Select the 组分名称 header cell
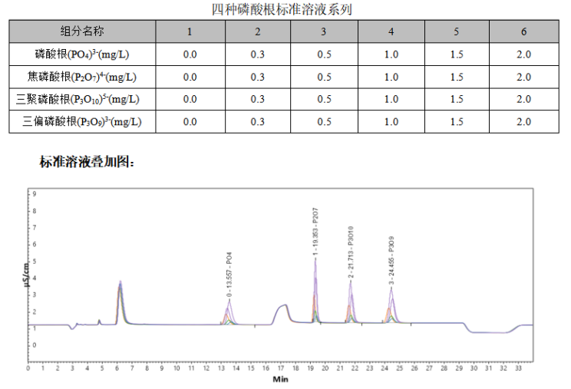click(82, 31)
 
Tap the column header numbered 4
click(391, 31)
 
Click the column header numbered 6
click(523, 31)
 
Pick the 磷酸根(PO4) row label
click(82, 54)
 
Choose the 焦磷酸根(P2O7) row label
click(82, 77)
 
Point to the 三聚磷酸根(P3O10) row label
click(82, 99)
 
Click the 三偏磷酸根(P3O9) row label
click(82, 121)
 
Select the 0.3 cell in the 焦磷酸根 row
click(257, 77)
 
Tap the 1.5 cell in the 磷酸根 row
click(457, 54)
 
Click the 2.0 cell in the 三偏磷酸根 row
click(523, 121)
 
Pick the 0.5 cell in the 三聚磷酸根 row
click(324, 99)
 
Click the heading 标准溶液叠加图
click(87, 163)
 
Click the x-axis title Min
click(280, 379)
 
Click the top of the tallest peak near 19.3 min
click(315, 259)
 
